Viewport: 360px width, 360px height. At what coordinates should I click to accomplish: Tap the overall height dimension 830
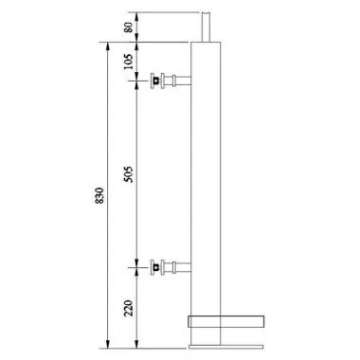99,194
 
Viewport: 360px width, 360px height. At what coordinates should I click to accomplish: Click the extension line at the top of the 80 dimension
171,11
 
